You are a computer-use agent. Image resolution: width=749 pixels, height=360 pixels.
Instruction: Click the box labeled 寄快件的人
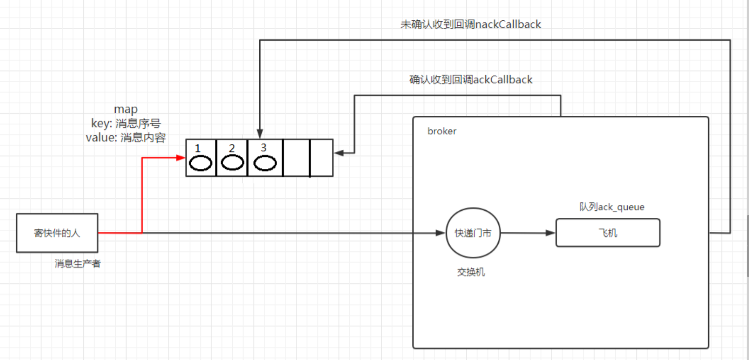pos(57,233)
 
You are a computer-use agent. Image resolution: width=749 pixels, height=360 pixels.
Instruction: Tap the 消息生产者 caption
pos(77,263)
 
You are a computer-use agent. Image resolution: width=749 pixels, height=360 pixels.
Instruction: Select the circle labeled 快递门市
pos(473,233)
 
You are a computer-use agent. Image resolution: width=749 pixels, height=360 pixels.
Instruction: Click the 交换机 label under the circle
pos(471,272)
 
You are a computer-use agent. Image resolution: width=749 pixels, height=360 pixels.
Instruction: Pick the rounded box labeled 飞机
pos(608,233)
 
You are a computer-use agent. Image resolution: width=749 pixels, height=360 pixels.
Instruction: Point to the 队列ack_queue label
pos(612,207)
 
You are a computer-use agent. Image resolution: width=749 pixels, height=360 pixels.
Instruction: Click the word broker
pos(442,131)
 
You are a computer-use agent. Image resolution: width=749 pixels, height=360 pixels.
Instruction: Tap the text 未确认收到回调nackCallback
pos(471,24)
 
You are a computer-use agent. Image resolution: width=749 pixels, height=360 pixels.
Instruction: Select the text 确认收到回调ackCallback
pos(471,80)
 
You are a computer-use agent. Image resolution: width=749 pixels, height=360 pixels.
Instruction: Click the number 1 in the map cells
pos(198,148)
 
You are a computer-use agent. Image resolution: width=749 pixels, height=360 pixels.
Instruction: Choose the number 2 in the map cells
pos(232,148)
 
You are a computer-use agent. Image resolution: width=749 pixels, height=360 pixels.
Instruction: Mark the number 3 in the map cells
pos(263,147)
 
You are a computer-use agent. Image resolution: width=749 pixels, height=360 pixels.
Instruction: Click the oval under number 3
pos(265,163)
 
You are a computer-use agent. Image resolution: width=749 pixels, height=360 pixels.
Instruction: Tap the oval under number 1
pos(200,163)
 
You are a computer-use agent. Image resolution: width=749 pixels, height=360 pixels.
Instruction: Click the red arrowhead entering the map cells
pos(181,158)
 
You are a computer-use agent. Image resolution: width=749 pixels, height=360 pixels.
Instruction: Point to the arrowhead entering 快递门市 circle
pos(440,233)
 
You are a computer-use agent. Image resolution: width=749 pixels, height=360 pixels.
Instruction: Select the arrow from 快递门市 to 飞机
pos(528,233)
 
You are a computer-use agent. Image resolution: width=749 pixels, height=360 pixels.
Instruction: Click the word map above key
pos(126,109)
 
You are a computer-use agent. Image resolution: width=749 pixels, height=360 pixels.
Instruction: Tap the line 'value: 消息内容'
pos(126,138)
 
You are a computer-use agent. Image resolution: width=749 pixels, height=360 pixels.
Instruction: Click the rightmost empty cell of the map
pos(322,158)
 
